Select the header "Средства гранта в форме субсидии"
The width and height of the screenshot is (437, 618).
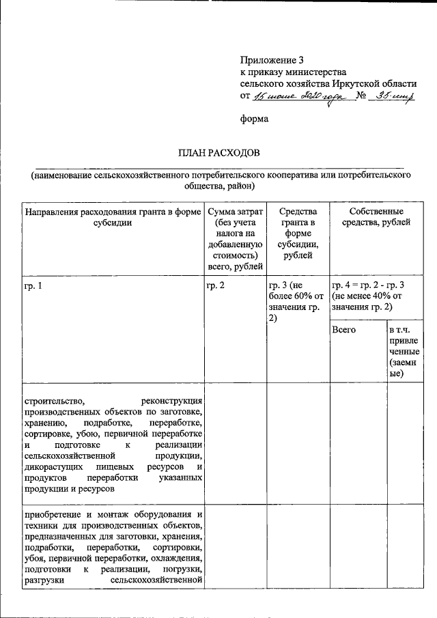tap(296, 233)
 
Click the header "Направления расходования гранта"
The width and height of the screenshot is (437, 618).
tap(113, 217)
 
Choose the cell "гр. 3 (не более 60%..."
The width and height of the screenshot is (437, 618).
tap(295, 301)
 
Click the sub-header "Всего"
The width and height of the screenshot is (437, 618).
tap(345, 330)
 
